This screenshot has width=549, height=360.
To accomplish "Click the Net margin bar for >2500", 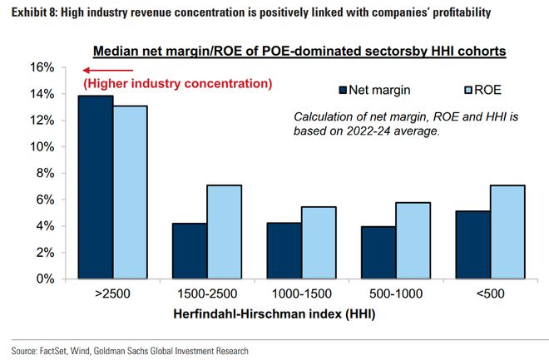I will point(95,187).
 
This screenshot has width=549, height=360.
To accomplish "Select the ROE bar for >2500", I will point(131,192).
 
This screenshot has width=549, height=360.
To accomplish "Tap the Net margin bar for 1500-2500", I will point(190,250).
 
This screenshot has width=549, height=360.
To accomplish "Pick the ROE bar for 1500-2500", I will point(225,231).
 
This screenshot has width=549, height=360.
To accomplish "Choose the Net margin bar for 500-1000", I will point(378,252).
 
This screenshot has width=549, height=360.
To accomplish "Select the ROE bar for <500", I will point(507,231).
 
